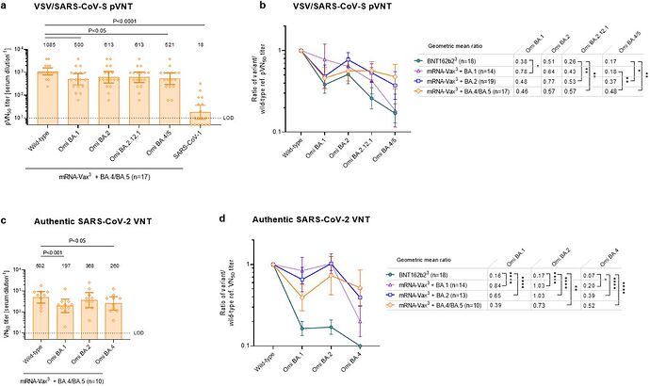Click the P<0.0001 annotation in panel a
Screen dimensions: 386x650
(x=127, y=21)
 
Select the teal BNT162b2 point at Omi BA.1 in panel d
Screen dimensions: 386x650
(x=301, y=328)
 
